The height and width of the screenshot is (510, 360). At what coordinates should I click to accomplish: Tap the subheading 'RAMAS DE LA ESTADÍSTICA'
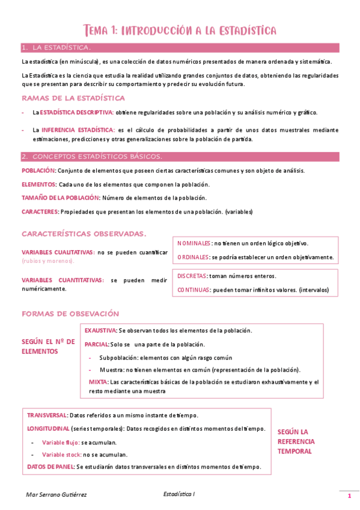point(73,98)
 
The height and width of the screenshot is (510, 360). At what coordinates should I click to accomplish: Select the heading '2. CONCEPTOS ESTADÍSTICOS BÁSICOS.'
point(91,157)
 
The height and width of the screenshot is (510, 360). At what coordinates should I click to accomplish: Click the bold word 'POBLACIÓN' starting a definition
point(38,171)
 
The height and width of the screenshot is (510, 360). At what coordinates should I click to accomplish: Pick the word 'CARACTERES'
point(40,212)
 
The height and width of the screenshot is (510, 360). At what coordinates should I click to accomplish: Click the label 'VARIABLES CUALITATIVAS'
point(58,253)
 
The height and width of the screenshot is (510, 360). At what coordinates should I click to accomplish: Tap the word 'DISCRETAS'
point(192,275)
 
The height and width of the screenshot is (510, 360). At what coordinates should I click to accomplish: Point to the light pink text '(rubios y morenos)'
point(48,261)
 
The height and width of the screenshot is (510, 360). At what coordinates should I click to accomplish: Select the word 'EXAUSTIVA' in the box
point(100,331)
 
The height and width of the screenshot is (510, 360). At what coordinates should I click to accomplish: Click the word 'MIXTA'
point(98,382)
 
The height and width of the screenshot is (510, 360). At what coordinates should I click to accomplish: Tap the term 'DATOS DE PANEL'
point(50,467)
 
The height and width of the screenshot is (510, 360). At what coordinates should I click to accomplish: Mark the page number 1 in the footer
point(349,496)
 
